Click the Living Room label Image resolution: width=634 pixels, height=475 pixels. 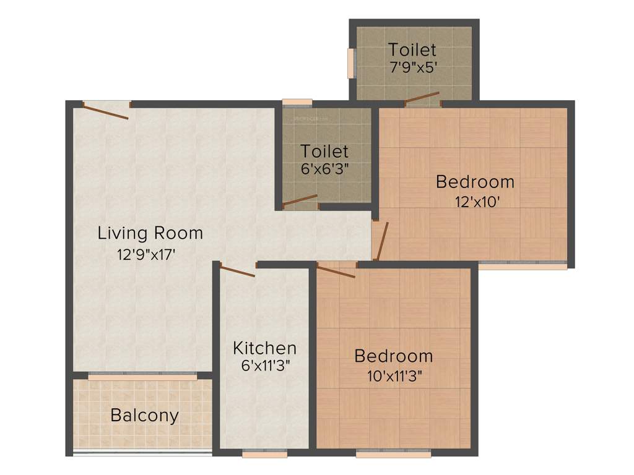point(150,233)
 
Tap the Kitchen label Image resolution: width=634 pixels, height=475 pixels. point(264,348)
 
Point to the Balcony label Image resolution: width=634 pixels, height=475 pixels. point(144,415)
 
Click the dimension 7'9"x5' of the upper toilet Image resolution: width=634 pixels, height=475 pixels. point(413,67)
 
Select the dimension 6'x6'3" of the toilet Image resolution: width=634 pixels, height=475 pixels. point(325,169)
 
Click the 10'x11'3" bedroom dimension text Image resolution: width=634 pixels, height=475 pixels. point(393,375)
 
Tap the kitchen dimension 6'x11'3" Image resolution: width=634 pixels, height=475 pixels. point(266,365)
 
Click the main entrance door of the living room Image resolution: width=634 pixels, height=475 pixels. point(106,111)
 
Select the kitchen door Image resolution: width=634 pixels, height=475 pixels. point(238,271)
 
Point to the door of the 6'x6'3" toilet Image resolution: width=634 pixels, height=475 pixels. point(300,200)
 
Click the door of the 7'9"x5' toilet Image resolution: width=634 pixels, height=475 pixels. point(422,96)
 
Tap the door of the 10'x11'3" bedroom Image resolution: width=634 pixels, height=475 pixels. point(336,270)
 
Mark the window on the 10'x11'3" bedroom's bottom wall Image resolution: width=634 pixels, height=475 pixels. point(394,453)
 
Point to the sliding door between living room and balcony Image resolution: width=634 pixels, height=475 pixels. point(142,375)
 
